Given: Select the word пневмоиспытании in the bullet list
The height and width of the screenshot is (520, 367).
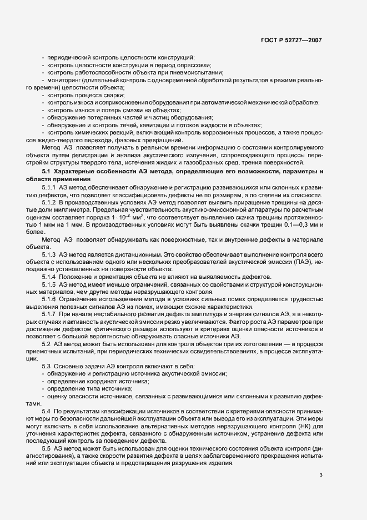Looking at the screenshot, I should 200,73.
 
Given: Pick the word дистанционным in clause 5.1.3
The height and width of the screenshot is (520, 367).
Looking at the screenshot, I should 135,254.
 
